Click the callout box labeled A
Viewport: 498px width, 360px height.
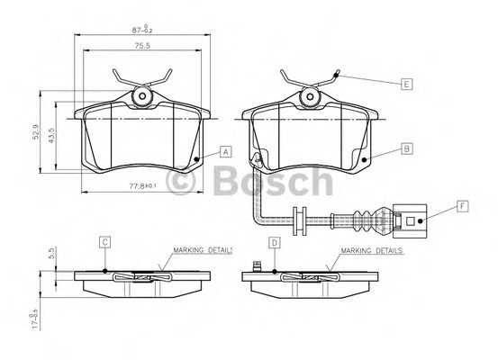[x=225, y=151]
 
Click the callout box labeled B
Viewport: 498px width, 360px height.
[x=406, y=149]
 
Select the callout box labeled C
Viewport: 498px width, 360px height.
[x=105, y=241]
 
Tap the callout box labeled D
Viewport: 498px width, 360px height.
[x=275, y=241]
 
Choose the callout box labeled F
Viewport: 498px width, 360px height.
[x=463, y=206]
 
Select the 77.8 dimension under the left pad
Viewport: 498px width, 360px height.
[x=143, y=185]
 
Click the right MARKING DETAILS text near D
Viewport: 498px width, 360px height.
[x=371, y=250]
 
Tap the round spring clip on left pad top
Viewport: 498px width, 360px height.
[x=140, y=95]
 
